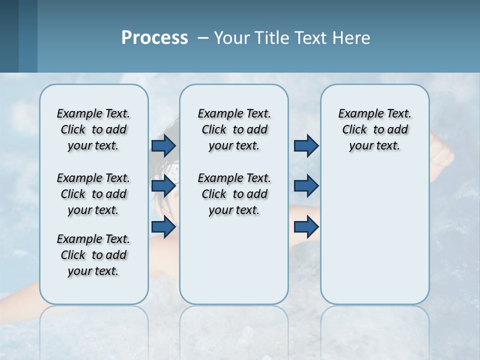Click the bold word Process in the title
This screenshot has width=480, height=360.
click(154, 38)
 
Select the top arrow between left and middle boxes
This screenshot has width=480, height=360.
click(163, 145)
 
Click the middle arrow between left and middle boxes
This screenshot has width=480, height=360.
click(163, 186)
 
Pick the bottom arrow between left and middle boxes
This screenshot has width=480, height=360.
click(163, 227)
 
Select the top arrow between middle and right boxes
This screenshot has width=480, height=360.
click(306, 145)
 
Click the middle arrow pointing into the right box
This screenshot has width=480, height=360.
click(306, 186)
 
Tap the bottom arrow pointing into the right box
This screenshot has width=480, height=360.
click(306, 227)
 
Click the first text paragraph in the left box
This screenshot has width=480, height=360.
click(93, 129)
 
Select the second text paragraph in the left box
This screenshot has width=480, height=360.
click(93, 194)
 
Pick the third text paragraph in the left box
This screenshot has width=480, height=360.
click(93, 255)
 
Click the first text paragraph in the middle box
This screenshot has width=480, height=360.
click(234, 129)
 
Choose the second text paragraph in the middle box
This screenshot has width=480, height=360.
click(234, 194)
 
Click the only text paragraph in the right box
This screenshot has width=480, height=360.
click(374, 129)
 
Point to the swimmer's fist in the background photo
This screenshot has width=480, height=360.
click(442, 153)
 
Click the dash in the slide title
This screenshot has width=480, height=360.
click(203, 38)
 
